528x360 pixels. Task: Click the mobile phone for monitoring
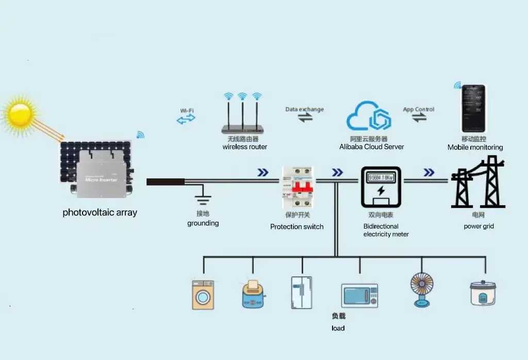coord(473,109)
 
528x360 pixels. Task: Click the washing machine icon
coord(203,294)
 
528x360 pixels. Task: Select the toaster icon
coord(253,296)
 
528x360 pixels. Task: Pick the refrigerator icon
coord(301,292)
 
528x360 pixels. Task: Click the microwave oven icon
coord(359,296)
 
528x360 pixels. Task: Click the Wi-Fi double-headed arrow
coord(186,119)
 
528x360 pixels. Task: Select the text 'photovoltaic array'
coord(100,212)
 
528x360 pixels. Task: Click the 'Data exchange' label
coord(305,109)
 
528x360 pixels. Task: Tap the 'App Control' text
coord(418,109)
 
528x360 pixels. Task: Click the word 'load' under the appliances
coord(338,328)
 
